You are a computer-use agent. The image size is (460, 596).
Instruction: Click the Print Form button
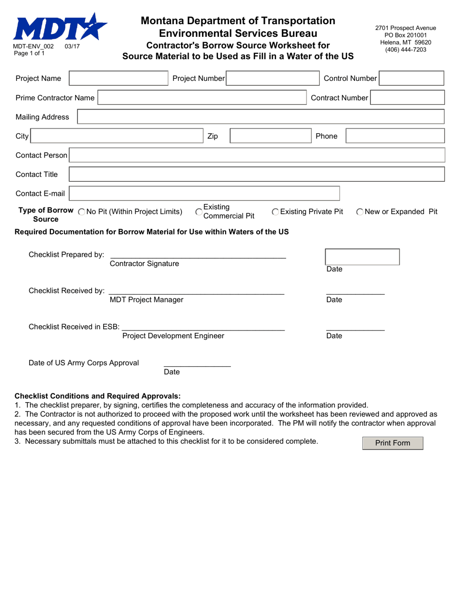click(392, 443)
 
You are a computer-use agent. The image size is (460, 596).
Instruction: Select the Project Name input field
click(119, 78)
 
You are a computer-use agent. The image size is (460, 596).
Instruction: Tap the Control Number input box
click(411, 78)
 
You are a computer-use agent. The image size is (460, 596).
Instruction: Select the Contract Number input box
click(408, 98)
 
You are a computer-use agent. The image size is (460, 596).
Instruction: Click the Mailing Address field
click(261, 117)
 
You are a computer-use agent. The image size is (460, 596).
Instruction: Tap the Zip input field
click(269, 136)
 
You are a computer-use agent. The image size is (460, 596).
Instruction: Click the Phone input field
click(395, 136)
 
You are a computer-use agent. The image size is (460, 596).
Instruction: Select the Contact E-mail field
click(204, 193)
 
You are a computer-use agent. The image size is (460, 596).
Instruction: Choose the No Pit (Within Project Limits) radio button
click(81, 212)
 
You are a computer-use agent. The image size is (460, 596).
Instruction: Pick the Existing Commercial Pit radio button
click(199, 212)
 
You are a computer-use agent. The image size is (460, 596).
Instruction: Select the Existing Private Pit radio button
click(276, 212)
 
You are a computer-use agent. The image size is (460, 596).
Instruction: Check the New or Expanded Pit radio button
click(360, 212)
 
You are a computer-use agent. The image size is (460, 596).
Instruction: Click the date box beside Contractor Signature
click(362, 257)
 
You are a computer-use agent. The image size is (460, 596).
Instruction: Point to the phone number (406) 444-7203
click(405, 49)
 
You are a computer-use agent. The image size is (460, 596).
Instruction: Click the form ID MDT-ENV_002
click(33, 47)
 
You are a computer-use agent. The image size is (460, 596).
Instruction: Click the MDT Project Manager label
click(147, 299)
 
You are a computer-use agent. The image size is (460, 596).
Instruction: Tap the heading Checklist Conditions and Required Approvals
click(97, 396)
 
